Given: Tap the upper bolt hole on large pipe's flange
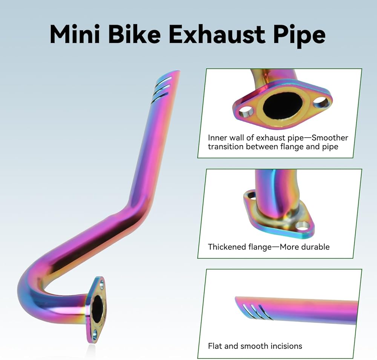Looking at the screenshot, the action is (101, 283).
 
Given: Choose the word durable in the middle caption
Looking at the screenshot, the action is (316, 247).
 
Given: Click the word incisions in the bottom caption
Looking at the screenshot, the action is (285, 346).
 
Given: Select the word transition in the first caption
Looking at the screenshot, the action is (225, 146).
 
